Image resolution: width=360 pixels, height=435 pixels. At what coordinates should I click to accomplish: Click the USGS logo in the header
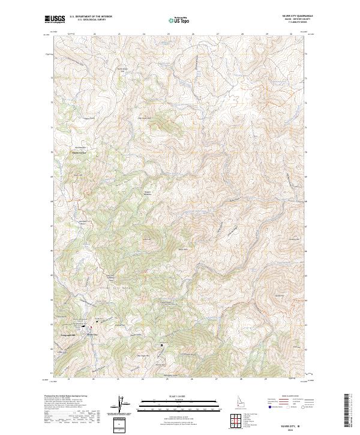click(x=55, y=19)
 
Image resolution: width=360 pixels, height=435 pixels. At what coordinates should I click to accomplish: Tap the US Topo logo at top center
click(x=179, y=20)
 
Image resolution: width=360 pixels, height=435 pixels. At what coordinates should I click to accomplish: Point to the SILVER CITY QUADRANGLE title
click(x=293, y=17)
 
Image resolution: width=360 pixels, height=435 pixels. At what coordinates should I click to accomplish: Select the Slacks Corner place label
click(x=80, y=152)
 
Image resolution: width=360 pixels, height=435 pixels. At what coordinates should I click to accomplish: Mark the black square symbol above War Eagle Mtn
click(x=161, y=345)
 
